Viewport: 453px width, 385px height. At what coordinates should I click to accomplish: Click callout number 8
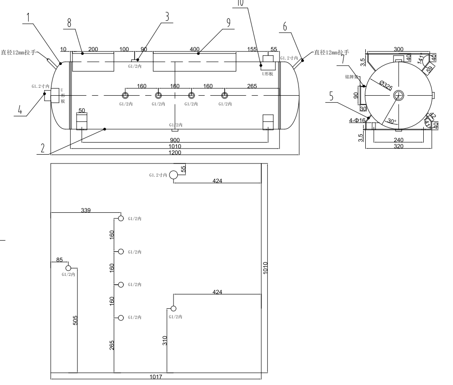(x=70, y=23)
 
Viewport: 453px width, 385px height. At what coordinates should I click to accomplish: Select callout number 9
(x=228, y=24)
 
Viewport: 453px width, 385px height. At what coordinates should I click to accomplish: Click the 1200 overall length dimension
(x=175, y=152)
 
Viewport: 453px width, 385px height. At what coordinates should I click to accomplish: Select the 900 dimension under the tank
(x=175, y=140)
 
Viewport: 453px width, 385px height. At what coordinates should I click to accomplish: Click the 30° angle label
(x=391, y=122)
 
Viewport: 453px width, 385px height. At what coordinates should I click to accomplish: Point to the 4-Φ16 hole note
(x=358, y=121)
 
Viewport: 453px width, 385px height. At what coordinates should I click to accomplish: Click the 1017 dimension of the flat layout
(x=156, y=377)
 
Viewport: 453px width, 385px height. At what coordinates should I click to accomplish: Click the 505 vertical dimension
(x=75, y=320)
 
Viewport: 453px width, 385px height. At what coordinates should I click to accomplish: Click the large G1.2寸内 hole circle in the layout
(x=173, y=175)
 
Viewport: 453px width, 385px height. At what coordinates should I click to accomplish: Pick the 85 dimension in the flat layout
(x=59, y=260)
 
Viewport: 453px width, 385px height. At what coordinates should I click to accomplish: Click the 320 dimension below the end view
(x=398, y=146)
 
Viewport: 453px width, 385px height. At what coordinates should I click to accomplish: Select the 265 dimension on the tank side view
(x=252, y=86)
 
